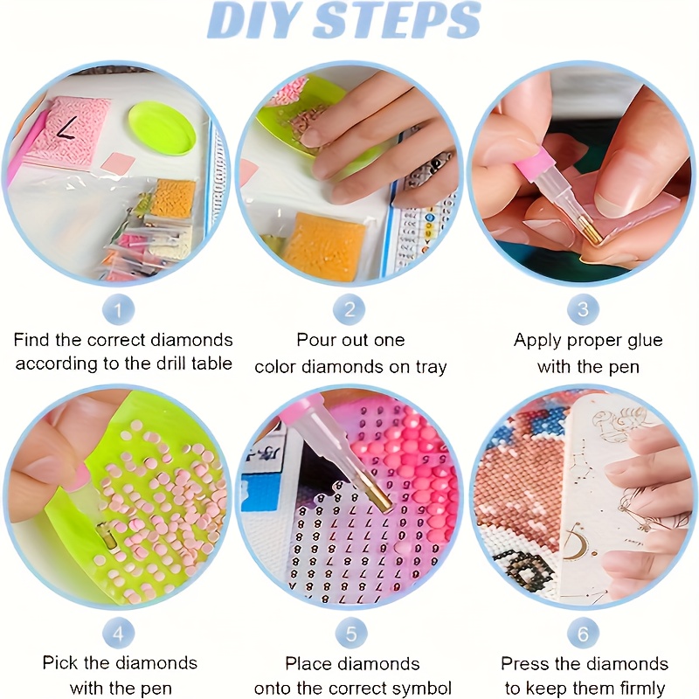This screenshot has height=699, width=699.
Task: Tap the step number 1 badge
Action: [120, 308]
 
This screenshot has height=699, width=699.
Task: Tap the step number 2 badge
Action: [350, 308]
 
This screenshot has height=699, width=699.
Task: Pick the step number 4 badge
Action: [120, 632]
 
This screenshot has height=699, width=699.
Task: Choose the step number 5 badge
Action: [350, 632]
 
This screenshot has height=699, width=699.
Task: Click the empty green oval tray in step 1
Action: [163, 129]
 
